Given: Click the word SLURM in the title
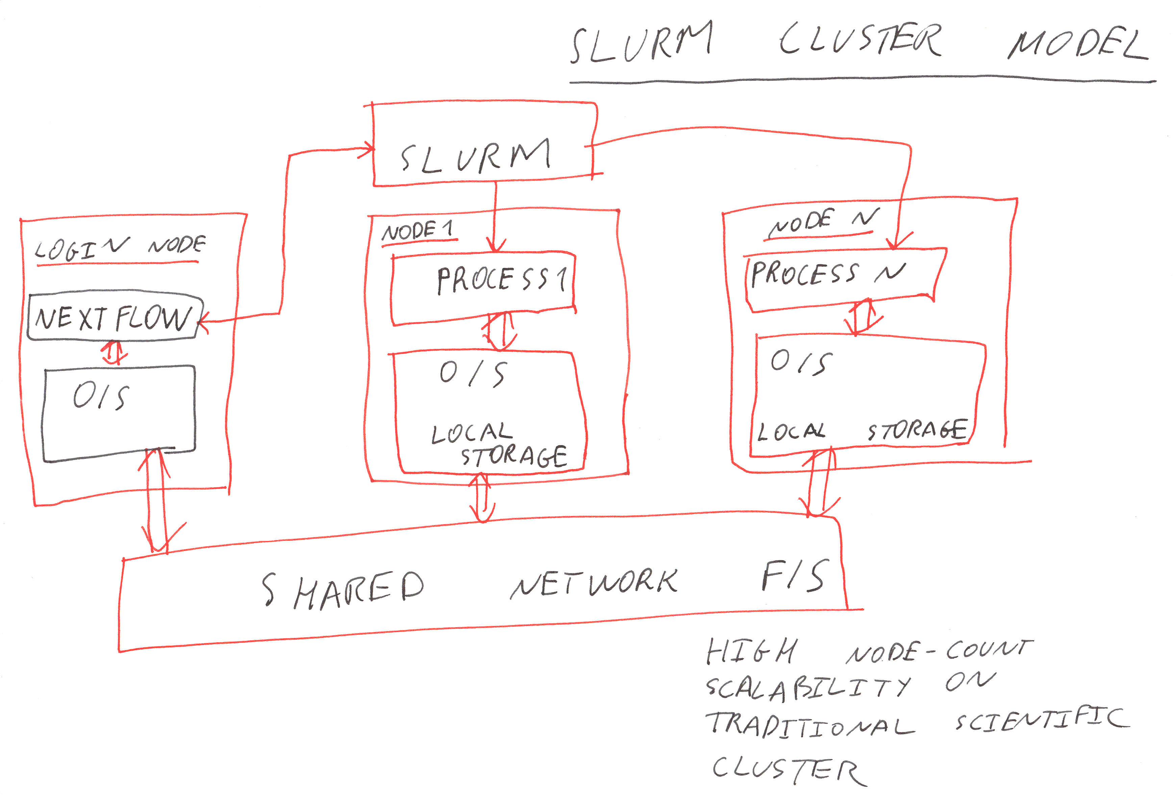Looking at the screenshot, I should pyautogui.click(x=641, y=43).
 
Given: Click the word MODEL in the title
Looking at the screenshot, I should pyautogui.click(x=1078, y=44).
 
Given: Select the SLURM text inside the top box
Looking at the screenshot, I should pyautogui.click(x=474, y=156).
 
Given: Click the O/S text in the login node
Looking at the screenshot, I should pyautogui.click(x=101, y=396).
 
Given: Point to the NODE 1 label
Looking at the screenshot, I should pyautogui.click(x=417, y=231).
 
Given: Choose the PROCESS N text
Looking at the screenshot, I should pyautogui.click(x=828, y=274).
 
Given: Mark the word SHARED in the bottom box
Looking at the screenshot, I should pyautogui.click(x=343, y=590).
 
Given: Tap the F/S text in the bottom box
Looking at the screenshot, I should pyautogui.click(x=795, y=576).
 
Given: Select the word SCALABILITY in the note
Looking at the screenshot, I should pyautogui.click(x=807, y=689).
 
